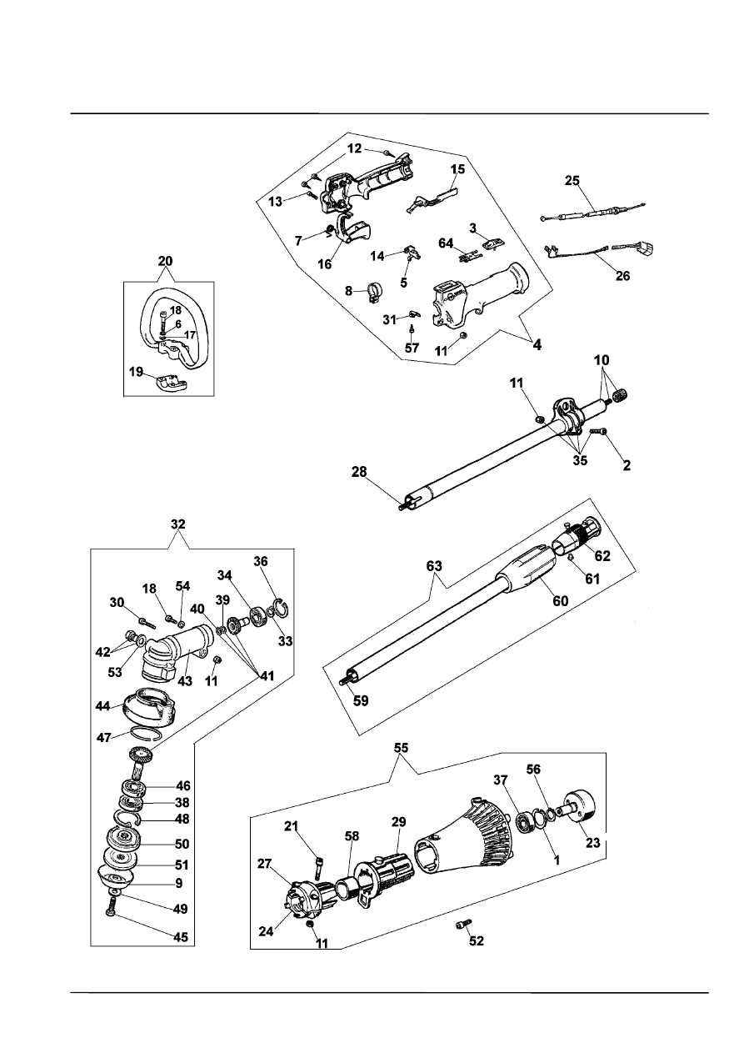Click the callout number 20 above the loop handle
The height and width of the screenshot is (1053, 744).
coord(167,260)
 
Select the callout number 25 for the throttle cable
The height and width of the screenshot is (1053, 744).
coord(572,179)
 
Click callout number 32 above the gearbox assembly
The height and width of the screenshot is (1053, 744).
coord(178,524)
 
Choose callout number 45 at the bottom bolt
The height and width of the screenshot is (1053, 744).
coord(180,937)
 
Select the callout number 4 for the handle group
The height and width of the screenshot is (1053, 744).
coord(537,343)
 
